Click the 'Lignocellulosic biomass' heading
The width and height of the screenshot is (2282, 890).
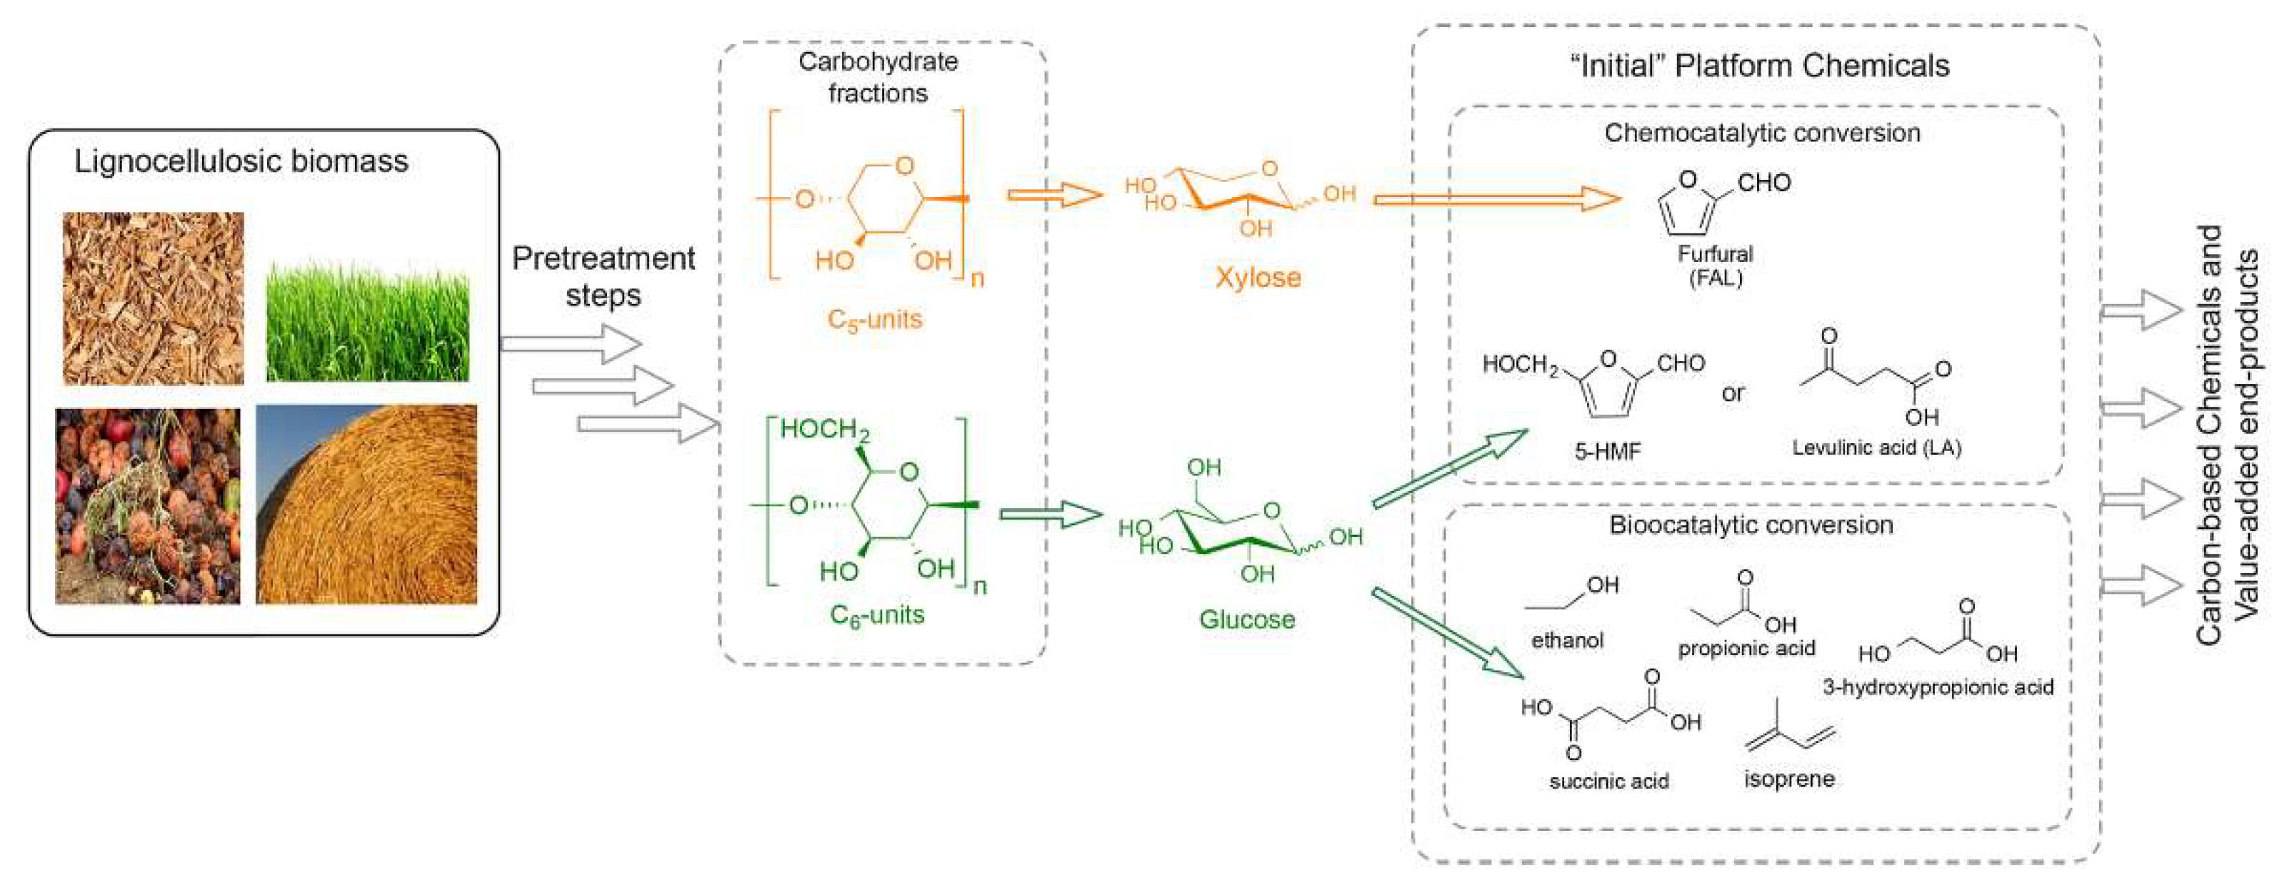click(241, 161)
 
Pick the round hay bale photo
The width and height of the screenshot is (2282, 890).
click(366, 505)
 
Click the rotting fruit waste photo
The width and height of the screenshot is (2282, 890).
click(148, 507)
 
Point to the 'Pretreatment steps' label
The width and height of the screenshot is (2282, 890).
click(604, 276)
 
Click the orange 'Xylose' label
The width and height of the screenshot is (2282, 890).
click(1258, 277)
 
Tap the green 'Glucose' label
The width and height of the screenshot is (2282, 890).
click(1247, 619)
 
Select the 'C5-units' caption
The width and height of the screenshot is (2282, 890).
click(874, 319)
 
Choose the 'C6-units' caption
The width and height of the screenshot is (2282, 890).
click(877, 615)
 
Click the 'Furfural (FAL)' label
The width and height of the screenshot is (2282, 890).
click(1715, 266)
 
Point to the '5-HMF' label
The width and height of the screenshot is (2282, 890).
click(1607, 452)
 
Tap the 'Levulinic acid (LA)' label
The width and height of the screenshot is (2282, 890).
click(1877, 448)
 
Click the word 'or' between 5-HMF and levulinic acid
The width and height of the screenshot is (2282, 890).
click(1733, 393)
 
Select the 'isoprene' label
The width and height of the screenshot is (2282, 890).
click(1789, 779)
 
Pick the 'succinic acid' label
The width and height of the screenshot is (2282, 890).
click(1608, 781)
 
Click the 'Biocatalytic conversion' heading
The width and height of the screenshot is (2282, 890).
click(1751, 525)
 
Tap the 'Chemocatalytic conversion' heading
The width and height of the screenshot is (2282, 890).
click(1762, 133)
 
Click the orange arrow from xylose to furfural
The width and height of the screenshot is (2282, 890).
click(1497, 199)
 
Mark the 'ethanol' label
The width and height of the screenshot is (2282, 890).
click(1567, 640)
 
